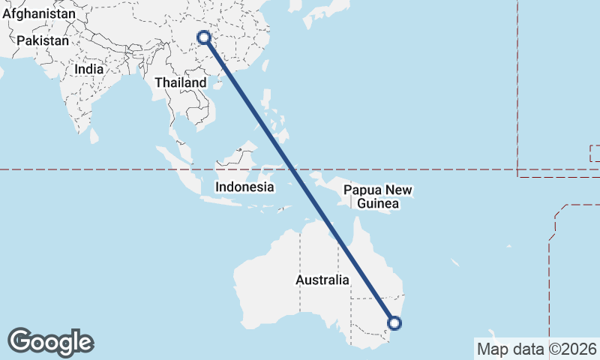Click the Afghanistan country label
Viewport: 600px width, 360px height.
click(x=38, y=13)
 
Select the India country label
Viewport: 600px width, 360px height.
click(x=88, y=69)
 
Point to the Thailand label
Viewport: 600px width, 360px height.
click(x=180, y=82)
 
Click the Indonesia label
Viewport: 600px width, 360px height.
click(x=244, y=187)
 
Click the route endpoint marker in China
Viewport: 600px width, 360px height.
click(x=203, y=37)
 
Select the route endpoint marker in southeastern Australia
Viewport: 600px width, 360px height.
click(x=394, y=323)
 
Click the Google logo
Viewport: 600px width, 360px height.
click(x=50, y=342)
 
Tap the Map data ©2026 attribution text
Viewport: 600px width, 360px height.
click(x=536, y=349)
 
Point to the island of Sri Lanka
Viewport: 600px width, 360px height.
click(x=94, y=136)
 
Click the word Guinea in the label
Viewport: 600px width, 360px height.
click(x=378, y=204)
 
